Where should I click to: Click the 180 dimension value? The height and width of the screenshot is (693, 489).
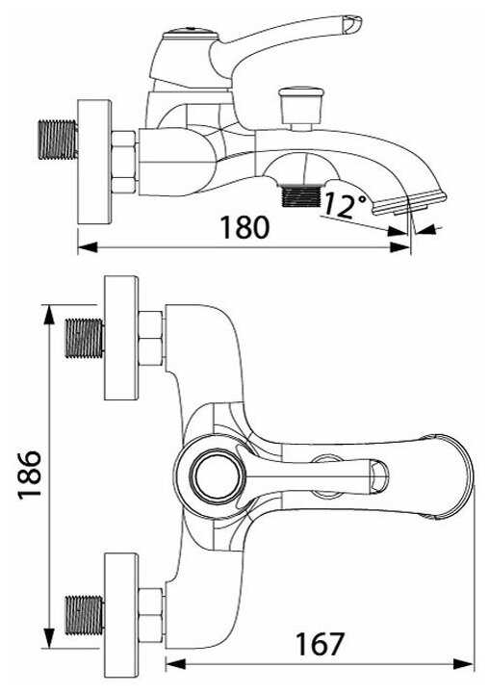tap(244, 227)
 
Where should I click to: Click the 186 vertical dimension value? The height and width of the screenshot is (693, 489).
tap(30, 475)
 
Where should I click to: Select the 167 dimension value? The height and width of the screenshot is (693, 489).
tap(320, 644)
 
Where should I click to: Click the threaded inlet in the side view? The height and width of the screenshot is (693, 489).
tap(57, 140)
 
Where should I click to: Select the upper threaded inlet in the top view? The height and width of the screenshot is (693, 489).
tap(85, 338)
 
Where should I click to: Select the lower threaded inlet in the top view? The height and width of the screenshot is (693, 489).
tap(85, 615)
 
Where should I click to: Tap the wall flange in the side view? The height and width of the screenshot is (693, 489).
tap(94, 163)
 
